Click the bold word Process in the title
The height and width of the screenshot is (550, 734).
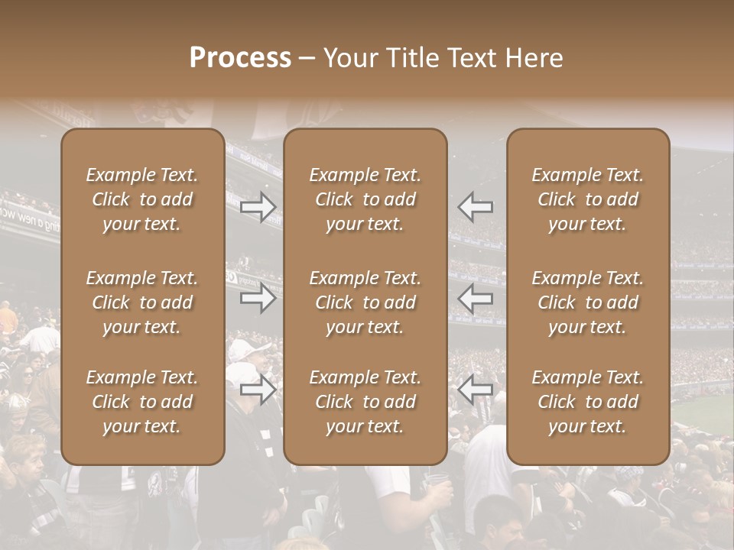240,58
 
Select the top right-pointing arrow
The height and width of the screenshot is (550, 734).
258,207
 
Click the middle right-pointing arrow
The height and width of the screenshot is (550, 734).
258,298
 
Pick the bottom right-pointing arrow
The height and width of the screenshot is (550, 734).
258,390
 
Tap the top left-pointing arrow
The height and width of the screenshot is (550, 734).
476,207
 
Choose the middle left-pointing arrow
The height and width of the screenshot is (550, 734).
476,298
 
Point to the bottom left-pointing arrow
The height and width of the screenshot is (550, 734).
476,390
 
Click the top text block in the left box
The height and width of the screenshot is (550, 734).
142,199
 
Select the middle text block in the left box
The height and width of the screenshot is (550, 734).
142,302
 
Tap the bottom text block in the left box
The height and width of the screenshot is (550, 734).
142,402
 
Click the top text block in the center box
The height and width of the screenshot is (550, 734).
365,199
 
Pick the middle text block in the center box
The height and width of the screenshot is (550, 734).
365,302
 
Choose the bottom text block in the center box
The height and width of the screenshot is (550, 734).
365,402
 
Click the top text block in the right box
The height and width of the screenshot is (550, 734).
588,199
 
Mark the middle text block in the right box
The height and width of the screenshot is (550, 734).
588,302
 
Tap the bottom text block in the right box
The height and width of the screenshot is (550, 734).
588,402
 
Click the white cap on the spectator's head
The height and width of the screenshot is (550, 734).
247,350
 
